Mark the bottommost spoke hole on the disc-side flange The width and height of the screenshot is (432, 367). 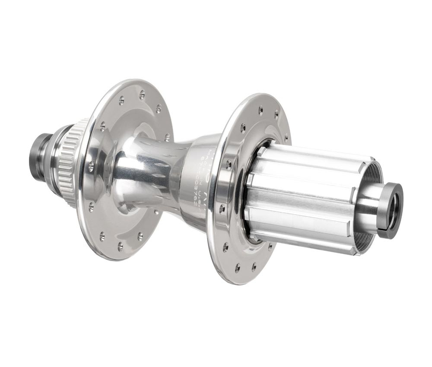(x=120, y=246)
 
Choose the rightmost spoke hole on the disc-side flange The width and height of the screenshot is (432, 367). (x=167, y=137)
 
